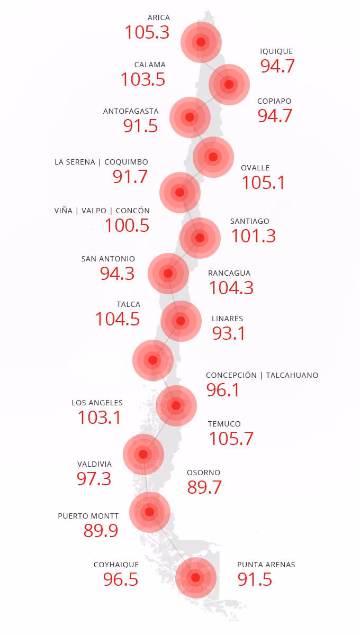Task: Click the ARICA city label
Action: [x=159, y=17]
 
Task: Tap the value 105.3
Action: [x=147, y=32]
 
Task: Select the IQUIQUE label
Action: [x=276, y=51]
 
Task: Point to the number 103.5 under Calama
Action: [x=143, y=79]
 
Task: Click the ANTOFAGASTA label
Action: [x=131, y=111]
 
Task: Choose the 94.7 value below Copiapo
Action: [x=275, y=116]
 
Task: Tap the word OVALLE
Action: [x=255, y=168]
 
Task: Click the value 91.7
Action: [x=130, y=177]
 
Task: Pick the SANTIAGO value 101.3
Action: [x=253, y=236]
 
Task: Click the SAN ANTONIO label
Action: [x=108, y=259]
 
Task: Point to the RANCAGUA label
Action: [x=229, y=273]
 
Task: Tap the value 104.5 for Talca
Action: [x=118, y=320]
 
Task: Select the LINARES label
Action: [x=227, y=319]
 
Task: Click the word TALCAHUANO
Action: [x=292, y=375]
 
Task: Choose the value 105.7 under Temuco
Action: [x=231, y=439]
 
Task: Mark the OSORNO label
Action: [x=204, y=473]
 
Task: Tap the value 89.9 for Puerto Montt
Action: [x=101, y=531]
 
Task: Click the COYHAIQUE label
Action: [x=116, y=565]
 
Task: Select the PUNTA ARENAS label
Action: [x=266, y=565]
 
